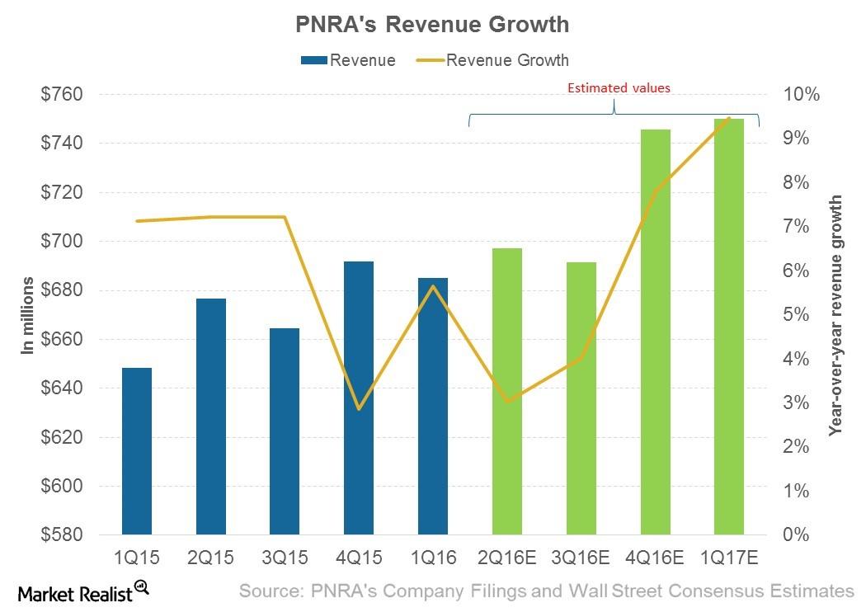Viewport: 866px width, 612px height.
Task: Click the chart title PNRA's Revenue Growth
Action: tap(432, 25)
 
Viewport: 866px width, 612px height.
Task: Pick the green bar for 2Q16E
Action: tap(506, 391)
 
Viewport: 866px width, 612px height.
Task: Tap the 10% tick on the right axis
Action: tap(802, 95)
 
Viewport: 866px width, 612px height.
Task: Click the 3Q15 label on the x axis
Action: tap(285, 558)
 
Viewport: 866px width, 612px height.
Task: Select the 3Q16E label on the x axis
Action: tap(581, 558)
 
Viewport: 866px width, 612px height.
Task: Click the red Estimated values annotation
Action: tap(619, 87)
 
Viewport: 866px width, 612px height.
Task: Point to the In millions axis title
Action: tap(28, 316)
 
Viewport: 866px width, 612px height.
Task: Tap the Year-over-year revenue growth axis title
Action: tap(835, 315)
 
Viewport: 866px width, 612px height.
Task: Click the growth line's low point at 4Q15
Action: tap(359, 409)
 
